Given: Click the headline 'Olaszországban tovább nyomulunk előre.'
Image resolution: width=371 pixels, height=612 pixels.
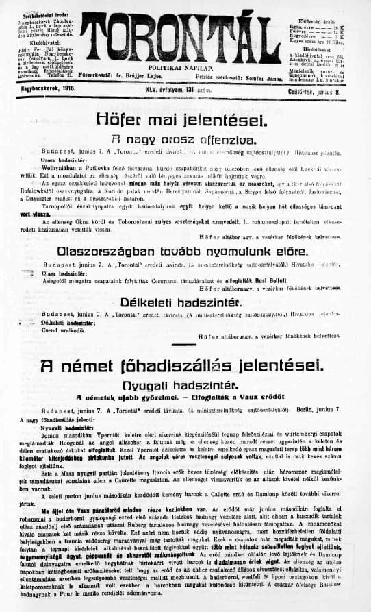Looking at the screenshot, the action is [x=186, y=252].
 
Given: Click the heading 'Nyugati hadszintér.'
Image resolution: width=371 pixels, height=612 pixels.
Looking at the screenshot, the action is [x=185, y=385].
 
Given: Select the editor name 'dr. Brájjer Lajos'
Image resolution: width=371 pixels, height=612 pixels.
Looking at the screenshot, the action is [x=156, y=77].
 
